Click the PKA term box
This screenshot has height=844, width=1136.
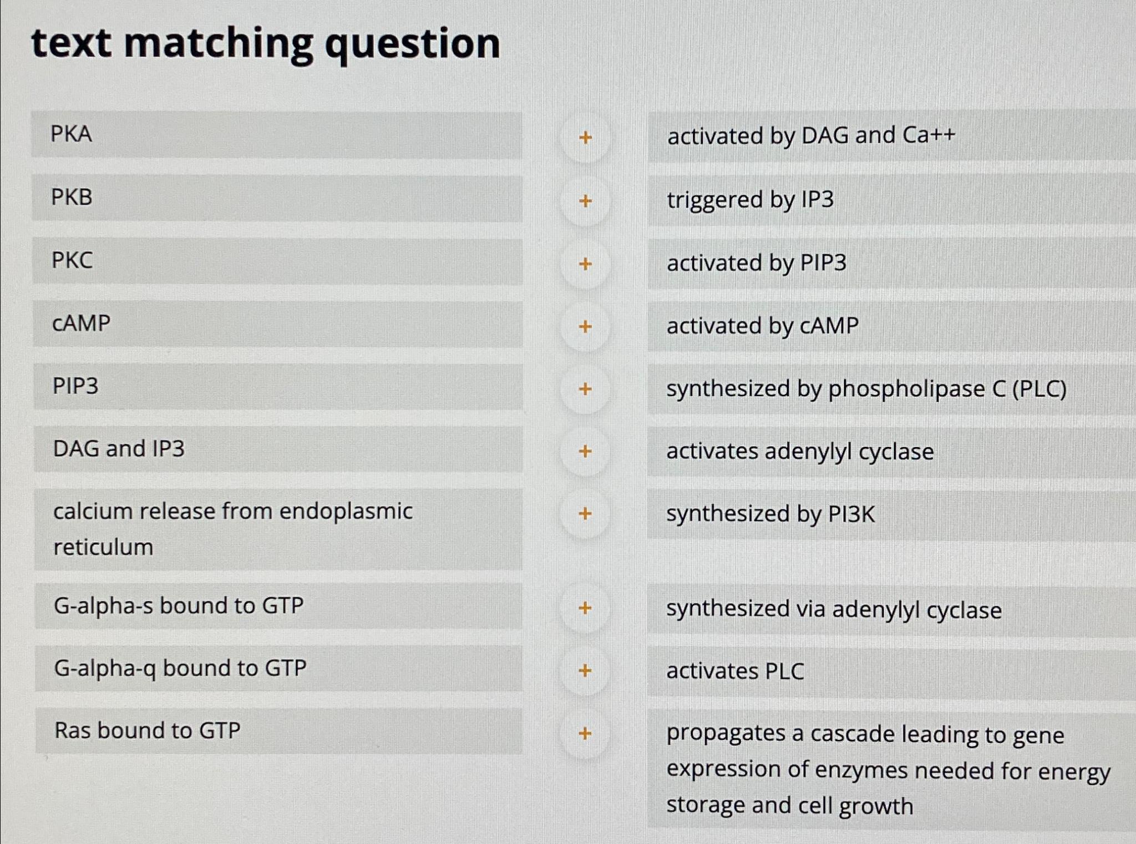pyautogui.click(x=276, y=135)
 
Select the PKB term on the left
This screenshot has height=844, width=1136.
pyautogui.click(x=276, y=198)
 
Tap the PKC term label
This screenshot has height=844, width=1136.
pyautogui.click(x=276, y=261)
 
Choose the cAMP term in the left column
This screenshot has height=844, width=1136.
pyautogui.click(x=276, y=324)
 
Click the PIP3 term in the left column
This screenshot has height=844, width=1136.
pyautogui.click(x=276, y=387)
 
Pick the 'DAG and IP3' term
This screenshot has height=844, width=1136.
pyautogui.click(x=276, y=449)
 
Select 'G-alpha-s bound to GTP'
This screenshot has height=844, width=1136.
pyautogui.click(x=276, y=606)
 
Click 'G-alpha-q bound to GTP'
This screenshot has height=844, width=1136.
pyautogui.click(x=276, y=669)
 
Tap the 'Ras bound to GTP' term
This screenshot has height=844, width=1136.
pyautogui.click(x=276, y=731)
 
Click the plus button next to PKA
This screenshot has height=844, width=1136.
pyautogui.click(x=585, y=137)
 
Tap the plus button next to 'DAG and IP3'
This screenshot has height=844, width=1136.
pyautogui.click(x=585, y=451)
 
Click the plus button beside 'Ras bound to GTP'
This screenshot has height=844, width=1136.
pyautogui.click(x=585, y=734)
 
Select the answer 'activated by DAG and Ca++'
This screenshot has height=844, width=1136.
pyautogui.click(x=811, y=136)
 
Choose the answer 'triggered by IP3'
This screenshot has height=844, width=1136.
pyautogui.click(x=750, y=200)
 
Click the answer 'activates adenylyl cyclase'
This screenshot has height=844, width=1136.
pyautogui.click(x=800, y=452)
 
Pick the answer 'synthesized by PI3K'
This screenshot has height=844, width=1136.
pyautogui.click(x=770, y=514)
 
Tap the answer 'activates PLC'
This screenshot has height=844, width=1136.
pyautogui.click(x=735, y=671)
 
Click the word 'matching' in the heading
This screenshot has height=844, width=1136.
pyautogui.click(x=218, y=44)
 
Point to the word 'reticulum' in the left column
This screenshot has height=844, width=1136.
pyautogui.click(x=103, y=548)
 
